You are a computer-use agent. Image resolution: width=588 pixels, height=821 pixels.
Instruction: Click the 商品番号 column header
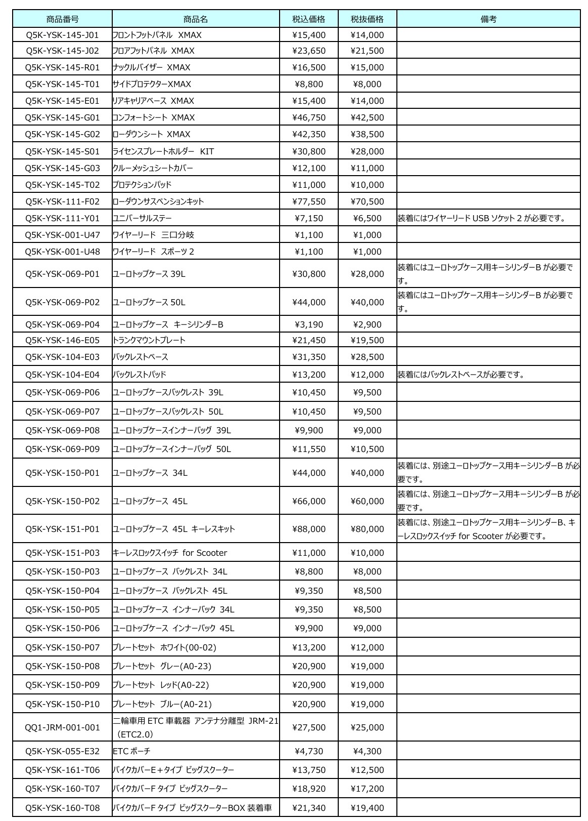[62, 19]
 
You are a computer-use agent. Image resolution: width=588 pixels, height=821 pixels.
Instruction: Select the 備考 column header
[488, 19]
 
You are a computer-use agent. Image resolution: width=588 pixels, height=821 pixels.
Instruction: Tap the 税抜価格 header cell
[367, 19]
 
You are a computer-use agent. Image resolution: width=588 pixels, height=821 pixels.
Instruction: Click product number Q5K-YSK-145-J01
[62, 35]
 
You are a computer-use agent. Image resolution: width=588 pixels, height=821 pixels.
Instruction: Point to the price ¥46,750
[309, 117]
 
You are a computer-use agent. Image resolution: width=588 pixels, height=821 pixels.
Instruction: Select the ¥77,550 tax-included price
[309, 201]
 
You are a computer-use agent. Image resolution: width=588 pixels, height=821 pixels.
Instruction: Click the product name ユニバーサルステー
[142, 218]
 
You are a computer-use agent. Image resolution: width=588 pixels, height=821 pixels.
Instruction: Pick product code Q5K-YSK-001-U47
[62, 235]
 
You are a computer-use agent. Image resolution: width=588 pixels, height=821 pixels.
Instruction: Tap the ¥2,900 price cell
[367, 324]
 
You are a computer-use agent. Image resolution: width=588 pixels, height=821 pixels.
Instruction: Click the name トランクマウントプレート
[149, 340]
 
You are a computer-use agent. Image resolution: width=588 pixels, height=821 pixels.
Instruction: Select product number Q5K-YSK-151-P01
[62, 529]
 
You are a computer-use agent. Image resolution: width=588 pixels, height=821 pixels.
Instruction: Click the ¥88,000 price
[309, 529]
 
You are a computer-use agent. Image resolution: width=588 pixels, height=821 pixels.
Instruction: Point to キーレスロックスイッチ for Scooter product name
[170, 553]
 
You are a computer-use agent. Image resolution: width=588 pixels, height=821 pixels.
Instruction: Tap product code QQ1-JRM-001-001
[62, 727]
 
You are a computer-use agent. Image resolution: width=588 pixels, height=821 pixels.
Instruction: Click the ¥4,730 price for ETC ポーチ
[309, 751]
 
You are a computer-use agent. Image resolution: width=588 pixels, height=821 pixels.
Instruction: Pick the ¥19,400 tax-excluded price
[367, 808]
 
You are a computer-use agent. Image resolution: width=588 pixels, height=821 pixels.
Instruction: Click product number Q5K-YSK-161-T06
[62, 770]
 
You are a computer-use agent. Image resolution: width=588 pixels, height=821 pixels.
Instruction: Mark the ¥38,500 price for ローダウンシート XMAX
[367, 134]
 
